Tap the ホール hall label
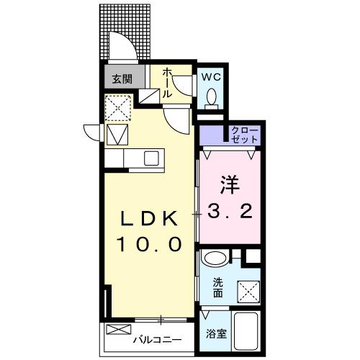coord(167,83)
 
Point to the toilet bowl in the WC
coord(212,96)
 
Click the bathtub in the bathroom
coord(246,330)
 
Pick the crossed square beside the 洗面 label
coord(246,289)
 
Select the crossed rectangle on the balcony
coord(116,330)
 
